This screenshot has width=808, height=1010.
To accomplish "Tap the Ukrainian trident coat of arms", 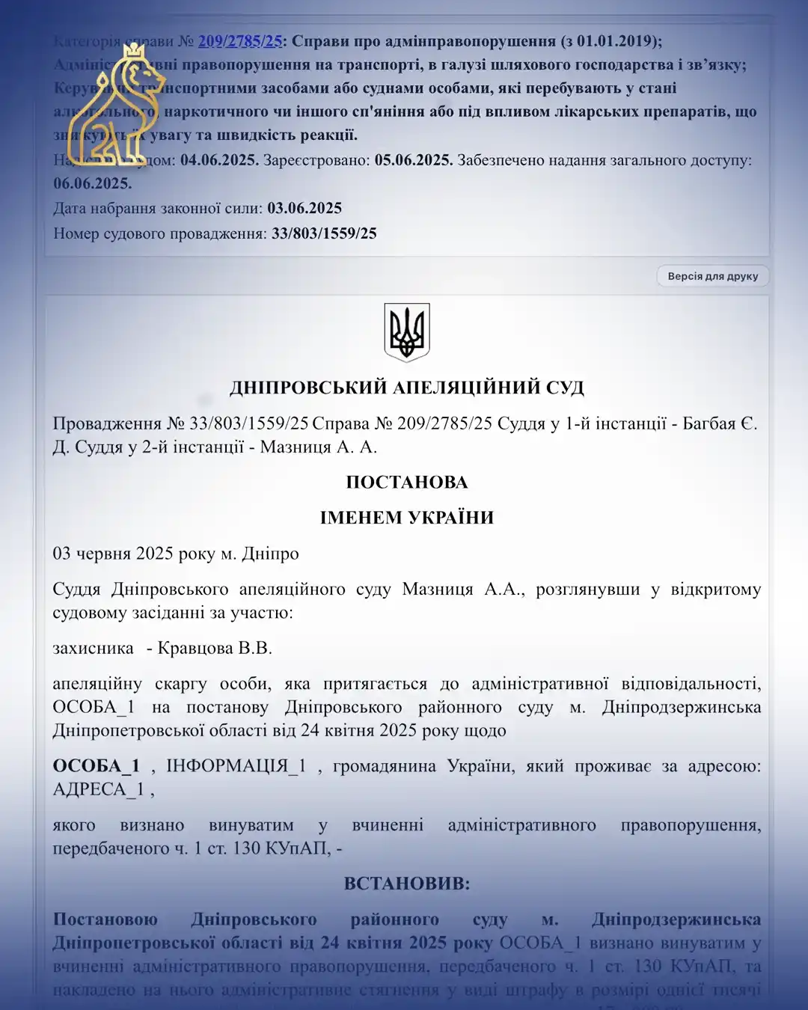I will [406, 332].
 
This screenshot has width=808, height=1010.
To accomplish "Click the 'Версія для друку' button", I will [712, 276].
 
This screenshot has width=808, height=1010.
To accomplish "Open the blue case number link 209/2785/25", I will [240, 41].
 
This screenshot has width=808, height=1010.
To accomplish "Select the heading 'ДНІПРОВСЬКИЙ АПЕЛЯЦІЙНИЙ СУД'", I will [406, 388].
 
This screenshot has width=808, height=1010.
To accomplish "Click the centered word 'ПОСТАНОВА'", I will [406, 482].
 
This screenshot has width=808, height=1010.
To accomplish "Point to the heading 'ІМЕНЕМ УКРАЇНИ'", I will [406, 518].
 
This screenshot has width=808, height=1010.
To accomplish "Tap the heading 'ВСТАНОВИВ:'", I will [406, 884].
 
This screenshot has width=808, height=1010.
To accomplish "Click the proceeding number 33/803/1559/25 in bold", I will [324, 233].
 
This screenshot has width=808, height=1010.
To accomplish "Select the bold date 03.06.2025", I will [304, 208].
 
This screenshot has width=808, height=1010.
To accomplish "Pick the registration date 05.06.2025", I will [413, 160].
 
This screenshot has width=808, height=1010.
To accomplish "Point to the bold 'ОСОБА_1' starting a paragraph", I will [96, 766].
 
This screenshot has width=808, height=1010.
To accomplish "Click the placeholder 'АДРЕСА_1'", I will [98, 789].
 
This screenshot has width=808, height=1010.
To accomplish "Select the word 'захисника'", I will [93, 648].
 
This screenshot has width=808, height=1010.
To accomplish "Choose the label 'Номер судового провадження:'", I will [159, 233].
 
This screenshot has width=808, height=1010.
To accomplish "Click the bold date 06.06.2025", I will [92, 183].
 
